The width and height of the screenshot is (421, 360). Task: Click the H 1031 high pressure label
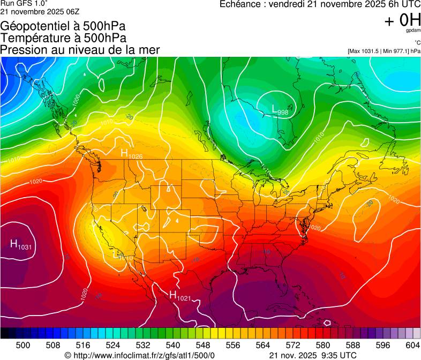(21, 245)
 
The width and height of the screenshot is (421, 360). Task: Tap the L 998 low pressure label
(280, 110)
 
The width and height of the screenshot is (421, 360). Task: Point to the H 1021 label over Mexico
(180, 295)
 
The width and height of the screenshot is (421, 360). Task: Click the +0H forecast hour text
(402, 20)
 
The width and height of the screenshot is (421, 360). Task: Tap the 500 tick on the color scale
(23, 344)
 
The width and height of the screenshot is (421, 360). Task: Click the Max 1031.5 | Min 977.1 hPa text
(384, 51)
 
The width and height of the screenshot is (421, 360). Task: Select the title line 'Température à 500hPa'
(63, 37)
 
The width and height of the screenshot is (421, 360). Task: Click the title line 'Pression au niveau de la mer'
(80, 49)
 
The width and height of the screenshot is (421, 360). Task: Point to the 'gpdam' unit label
(413, 31)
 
